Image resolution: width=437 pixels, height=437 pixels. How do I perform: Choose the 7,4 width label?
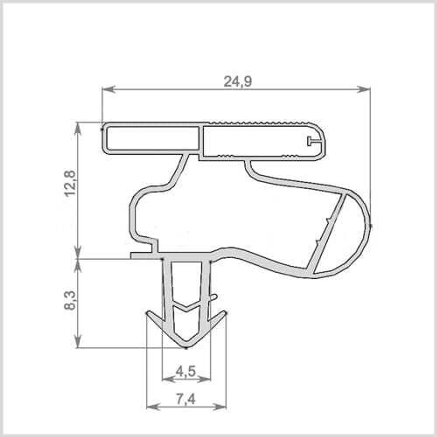186,399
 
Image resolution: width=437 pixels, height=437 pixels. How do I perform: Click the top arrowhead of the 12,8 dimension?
78,127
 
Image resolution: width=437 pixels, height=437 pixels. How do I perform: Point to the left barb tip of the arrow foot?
147,312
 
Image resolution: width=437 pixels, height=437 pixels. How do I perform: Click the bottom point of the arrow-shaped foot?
186,347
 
